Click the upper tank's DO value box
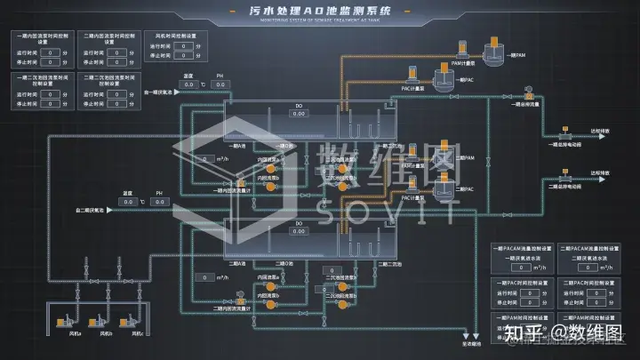299,114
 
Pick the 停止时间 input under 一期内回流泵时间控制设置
52,63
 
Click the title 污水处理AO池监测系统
320,10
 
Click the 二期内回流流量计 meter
240,299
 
